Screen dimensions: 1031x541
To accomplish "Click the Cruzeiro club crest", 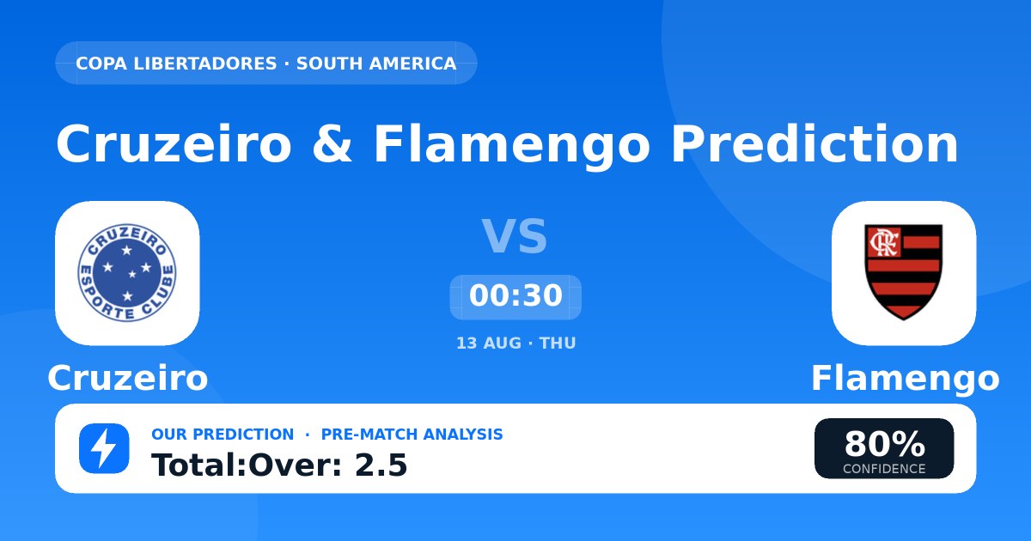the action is click(127, 273).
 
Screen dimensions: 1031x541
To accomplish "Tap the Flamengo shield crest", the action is click(904, 272).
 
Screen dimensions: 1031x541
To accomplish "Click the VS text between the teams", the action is click(515, 236).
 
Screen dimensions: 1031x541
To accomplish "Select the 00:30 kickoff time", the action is click(515, 295).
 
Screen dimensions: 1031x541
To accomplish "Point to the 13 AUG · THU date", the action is click(516, 343).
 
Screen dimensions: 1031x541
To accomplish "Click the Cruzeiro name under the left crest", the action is click(128, 378).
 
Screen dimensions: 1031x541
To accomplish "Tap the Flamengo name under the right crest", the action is click(906, 379).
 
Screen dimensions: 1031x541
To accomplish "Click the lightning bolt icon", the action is click(104, 448).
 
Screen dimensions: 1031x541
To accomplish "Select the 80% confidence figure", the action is click(884, 444).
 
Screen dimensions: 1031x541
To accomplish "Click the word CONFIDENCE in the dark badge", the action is click(884, 469).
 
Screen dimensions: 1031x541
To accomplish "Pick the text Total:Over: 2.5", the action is click(279, 465).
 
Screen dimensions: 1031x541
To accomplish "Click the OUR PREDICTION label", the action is click(223, 435).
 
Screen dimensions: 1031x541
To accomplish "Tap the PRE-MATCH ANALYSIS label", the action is click(412, 435).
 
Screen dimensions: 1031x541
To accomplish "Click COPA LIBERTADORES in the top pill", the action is click(176, 64).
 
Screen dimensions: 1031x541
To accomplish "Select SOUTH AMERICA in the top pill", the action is click(376, 64).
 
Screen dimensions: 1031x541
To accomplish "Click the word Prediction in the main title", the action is click(814, 144).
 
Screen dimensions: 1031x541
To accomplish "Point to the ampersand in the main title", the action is click(332, 144).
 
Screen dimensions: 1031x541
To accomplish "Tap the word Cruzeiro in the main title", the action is click(174, 144).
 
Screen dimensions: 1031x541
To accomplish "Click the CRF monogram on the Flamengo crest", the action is click(884, 242).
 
